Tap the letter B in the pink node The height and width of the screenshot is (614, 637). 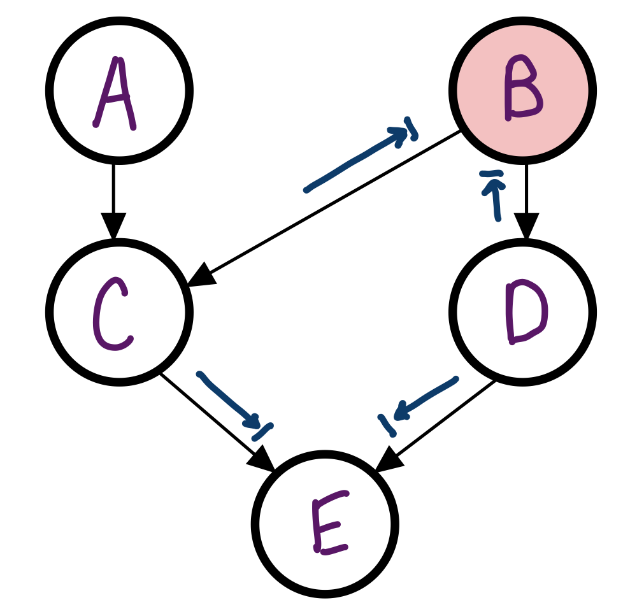point(522,89)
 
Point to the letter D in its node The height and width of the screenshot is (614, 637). point(526,312)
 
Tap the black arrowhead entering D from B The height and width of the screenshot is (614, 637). point(526,228)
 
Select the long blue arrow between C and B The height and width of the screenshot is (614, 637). point(357,159)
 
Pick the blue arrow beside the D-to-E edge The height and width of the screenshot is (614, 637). point(424,398)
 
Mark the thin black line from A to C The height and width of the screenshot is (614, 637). point(114,191)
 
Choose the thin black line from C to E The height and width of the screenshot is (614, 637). point(210,414)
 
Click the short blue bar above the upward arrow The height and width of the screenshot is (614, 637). point(491,173)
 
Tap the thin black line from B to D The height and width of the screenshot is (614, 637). point(526,191)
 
